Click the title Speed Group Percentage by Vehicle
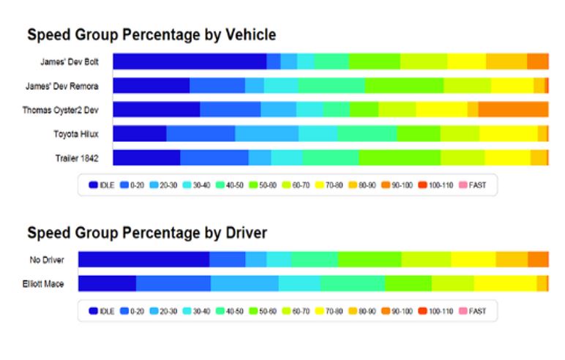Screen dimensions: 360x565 (x=151, y=34)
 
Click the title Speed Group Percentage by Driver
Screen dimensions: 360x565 (x=146, y=233)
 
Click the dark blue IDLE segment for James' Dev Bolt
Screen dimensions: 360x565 (x=189, y=61)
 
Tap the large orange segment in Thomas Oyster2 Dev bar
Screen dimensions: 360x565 (x=513, y=110)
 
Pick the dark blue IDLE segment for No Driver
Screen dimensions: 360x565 (x=143, y=260)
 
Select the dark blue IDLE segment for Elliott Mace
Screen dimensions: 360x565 (x=107, y=284)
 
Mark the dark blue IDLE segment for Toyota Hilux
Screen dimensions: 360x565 (x=139, y=134)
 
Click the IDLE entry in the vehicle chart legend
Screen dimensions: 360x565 (x=102, y=185)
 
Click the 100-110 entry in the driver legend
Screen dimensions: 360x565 (x=435, y=311)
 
